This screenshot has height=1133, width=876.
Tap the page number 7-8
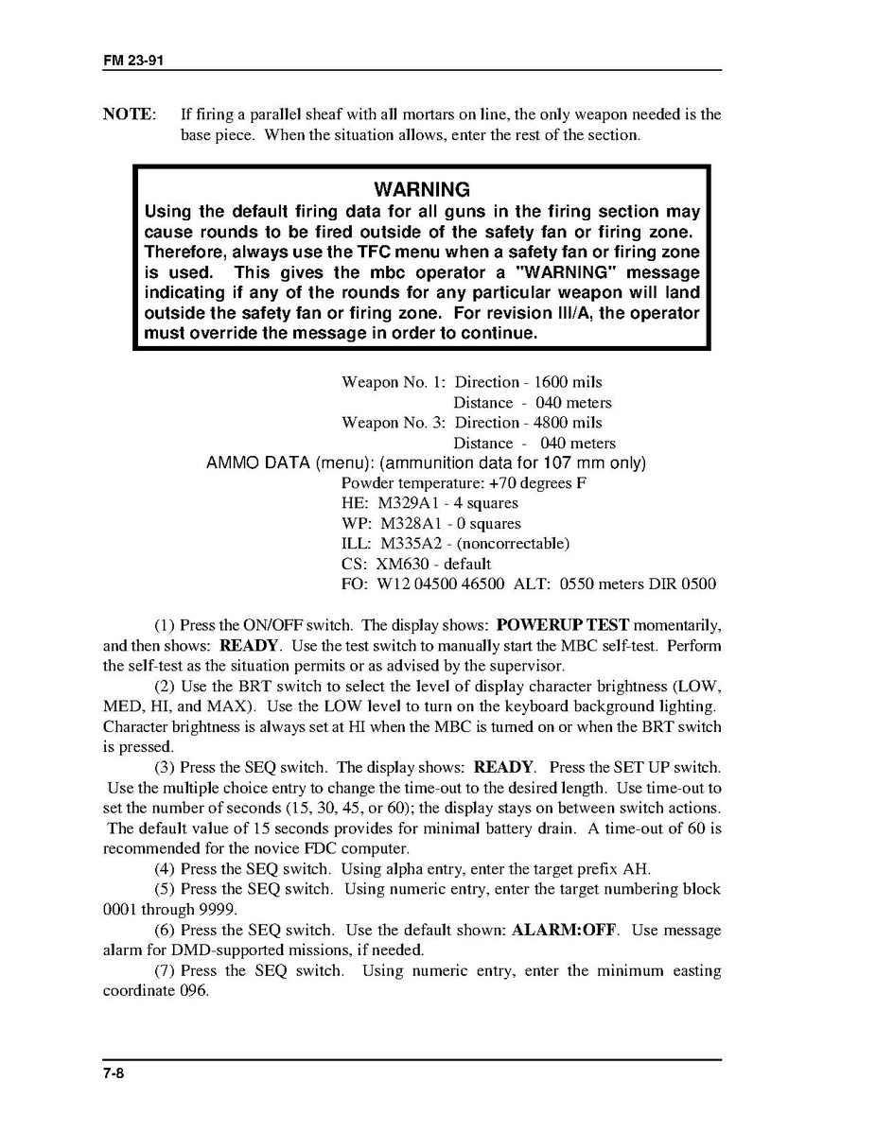[x=114, y=1072]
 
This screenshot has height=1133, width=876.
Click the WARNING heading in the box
[x=421, y=190]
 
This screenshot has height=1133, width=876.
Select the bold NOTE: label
[x=128, y=114]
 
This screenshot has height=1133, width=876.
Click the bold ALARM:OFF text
[x=565, y=930]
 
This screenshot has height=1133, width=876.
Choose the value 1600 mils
[x=568, y=382]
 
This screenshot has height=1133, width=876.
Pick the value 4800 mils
[x=568, y=423]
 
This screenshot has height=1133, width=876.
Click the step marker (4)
[x=165, y=868]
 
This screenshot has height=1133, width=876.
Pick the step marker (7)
[x=165, y=970]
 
